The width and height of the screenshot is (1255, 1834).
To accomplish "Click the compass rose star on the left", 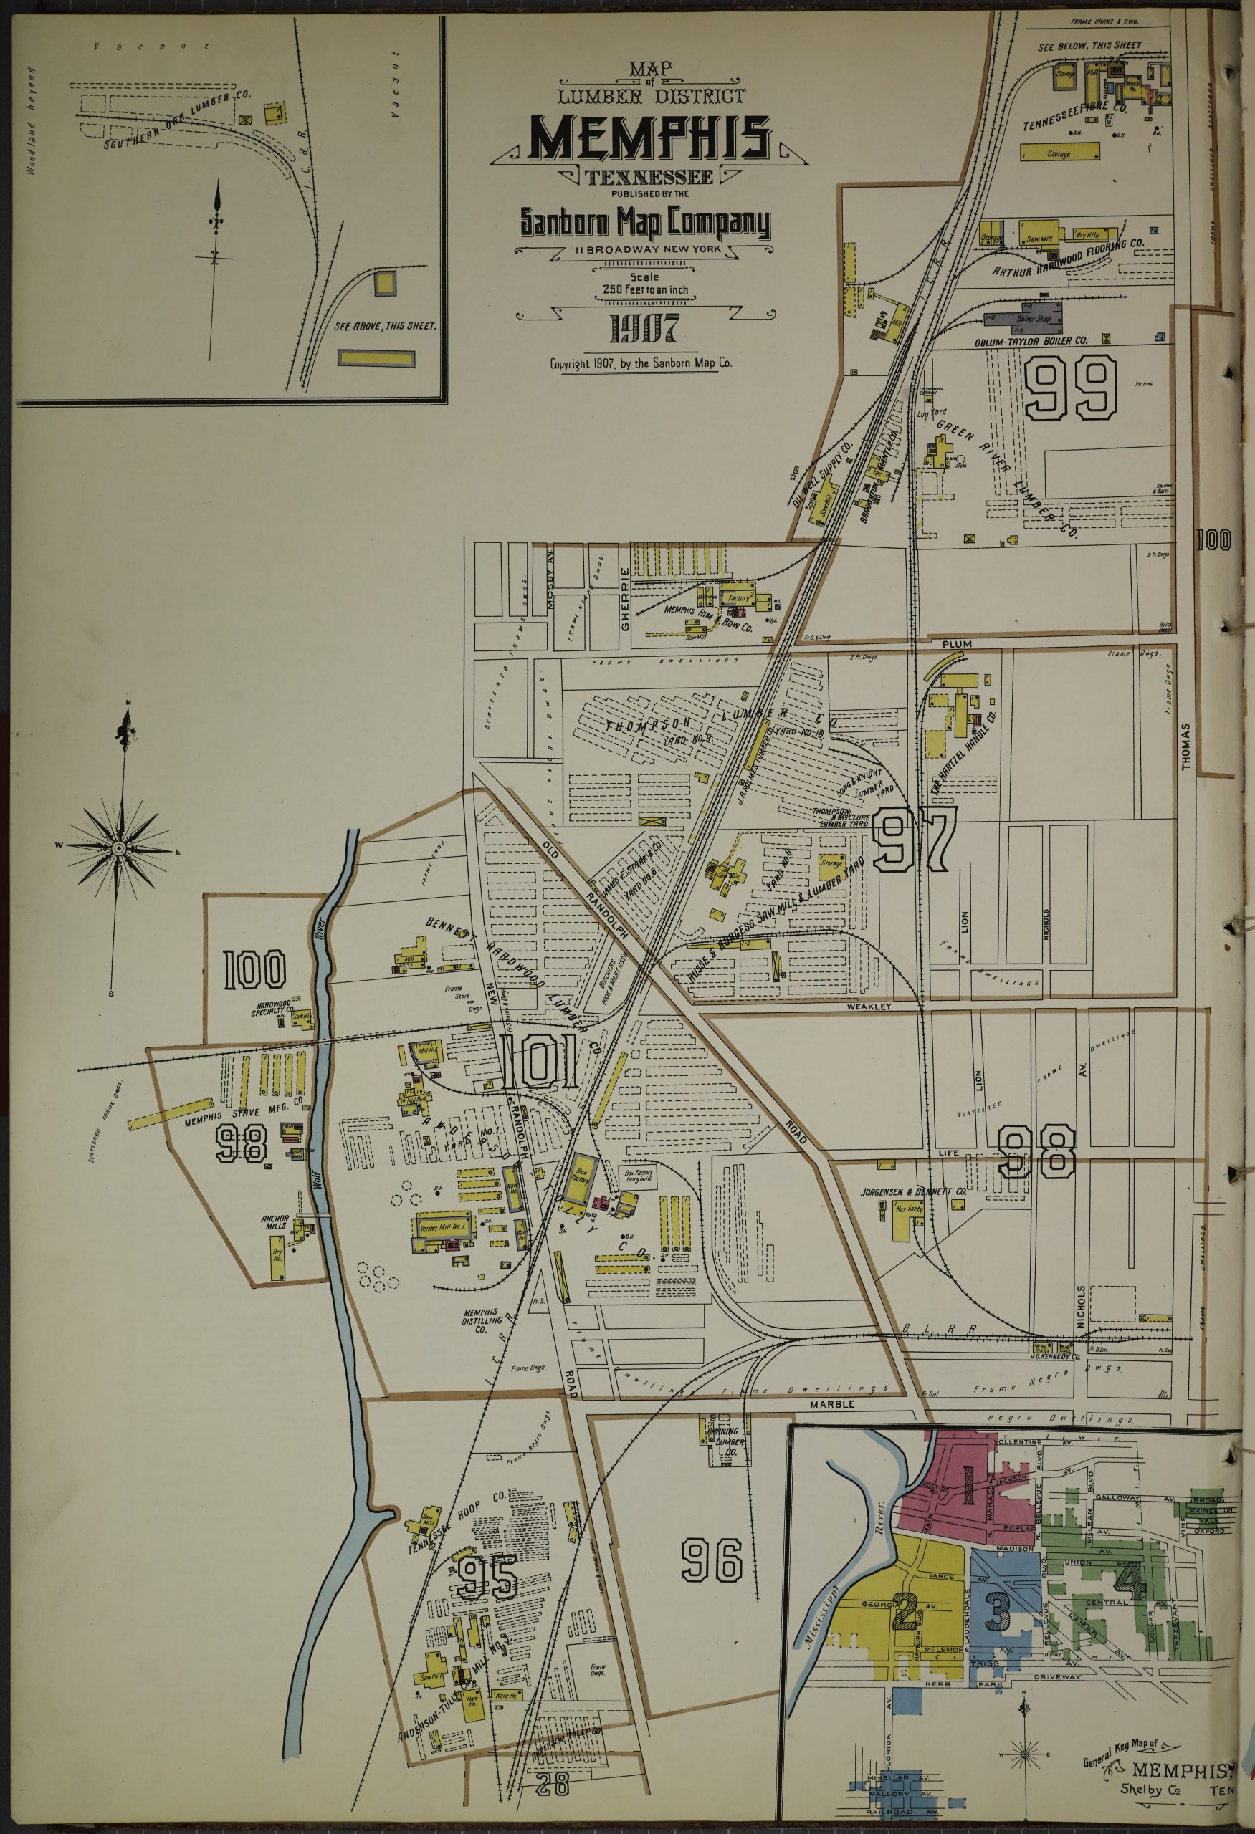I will [x=118, y=848].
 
